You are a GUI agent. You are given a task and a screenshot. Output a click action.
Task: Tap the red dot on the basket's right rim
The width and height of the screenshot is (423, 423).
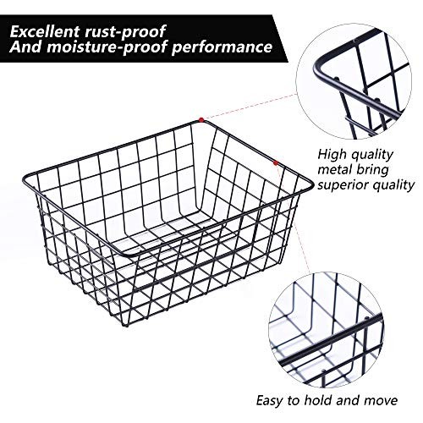275,158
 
